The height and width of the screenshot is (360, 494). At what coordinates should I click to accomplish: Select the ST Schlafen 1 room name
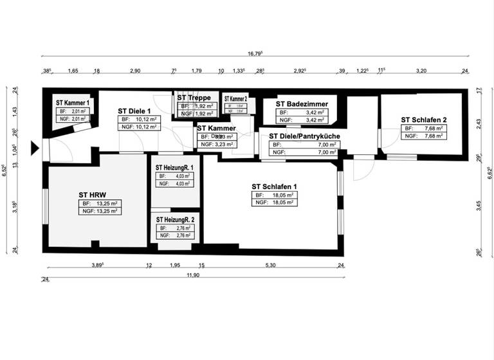click(x=274, y=186)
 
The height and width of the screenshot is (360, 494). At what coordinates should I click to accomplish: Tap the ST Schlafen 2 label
click(x=423, y=120)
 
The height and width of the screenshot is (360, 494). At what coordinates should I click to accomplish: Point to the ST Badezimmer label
click(x=302, y=104)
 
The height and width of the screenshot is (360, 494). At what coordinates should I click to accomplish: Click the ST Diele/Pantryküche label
click(x=304, y=136)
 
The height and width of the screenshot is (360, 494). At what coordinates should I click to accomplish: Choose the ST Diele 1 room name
click(x=134, y=111)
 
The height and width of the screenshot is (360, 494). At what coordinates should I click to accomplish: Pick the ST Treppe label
click(x=195, y=98)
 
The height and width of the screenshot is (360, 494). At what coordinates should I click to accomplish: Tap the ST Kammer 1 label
click(x=73, y=102)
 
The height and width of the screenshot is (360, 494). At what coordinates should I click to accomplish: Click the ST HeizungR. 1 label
click(x=174, y=167)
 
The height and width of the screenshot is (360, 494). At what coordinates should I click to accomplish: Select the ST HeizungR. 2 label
click(x=174, y=220)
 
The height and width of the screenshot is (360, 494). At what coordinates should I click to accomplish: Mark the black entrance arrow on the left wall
click(x=36, y=149)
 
